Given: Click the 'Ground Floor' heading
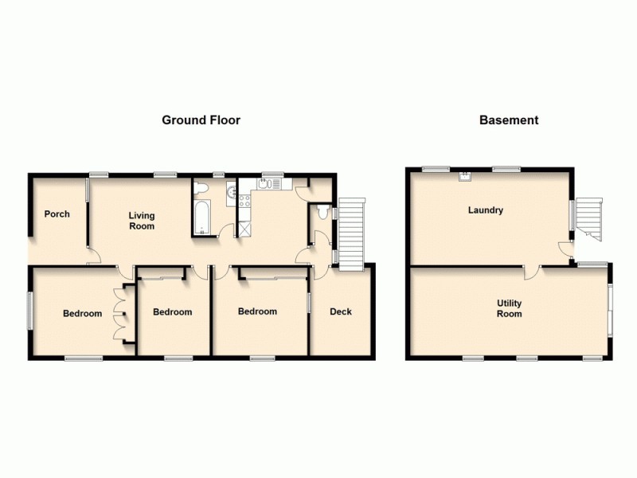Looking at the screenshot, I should click(x=201, y=120).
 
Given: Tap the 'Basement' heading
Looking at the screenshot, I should click(x=509, y=120).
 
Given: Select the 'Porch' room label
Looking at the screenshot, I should click(x=57, y=214).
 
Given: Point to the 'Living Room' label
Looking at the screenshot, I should click(x=142, y=221).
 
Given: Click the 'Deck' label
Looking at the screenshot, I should click(x=341, y=311).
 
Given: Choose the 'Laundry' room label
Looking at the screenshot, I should click(x=485, y=211).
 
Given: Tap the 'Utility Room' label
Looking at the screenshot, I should click(x=509, y=308).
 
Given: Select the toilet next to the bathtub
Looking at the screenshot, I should click(x=201, y=188).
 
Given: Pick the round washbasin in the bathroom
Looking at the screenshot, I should click(x=231, y=190).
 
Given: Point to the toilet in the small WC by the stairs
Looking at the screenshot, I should click(x=322, y=212).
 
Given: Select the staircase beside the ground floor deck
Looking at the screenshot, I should click(x=351, y=233).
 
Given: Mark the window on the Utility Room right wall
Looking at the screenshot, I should click(x=610, y=307).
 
